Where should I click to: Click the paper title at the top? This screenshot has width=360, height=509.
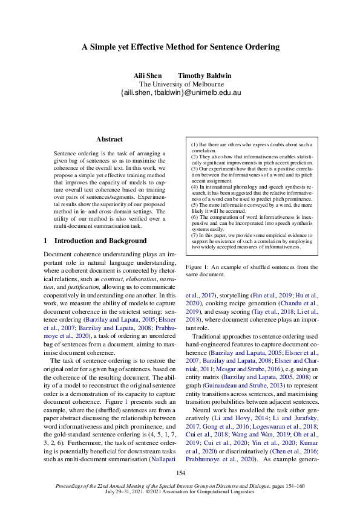[180, 47]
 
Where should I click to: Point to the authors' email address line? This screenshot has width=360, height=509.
[181, 93]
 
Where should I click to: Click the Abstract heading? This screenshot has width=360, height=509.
[109, 139]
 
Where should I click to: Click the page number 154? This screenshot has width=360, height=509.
[180, 473]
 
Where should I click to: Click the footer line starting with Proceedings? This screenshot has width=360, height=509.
[180, 486]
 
